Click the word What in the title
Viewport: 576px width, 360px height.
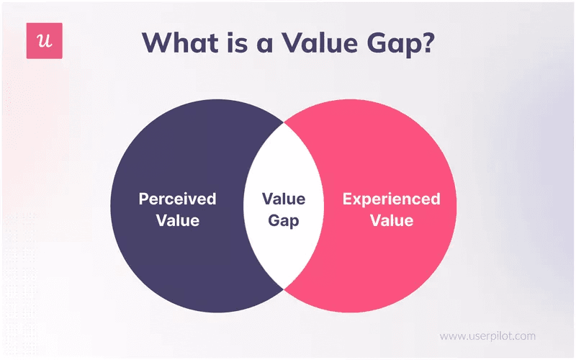click(x=181, y=42)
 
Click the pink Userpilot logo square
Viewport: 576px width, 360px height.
click(x=44, y=40)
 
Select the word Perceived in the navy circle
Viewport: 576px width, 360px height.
click(x=177, y=199)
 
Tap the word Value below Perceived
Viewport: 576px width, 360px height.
click(x=177, y=220)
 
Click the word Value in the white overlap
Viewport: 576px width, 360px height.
click(x=283, y=199)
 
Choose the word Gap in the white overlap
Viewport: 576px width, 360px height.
click(x=283, y=220)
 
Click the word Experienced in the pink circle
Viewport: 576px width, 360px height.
click(x=391, y=199)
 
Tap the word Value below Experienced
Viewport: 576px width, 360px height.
click(x=391, y=220)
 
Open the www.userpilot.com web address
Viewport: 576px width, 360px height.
click(x=487, y=336)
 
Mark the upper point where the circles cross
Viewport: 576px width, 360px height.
click(x=284, y=123)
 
